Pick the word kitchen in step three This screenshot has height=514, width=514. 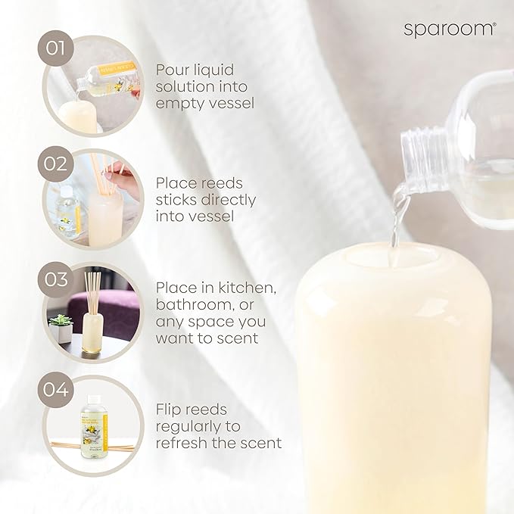[227, 288]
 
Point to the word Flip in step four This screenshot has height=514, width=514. [170, 410]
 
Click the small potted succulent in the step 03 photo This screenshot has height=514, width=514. [60, 326]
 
